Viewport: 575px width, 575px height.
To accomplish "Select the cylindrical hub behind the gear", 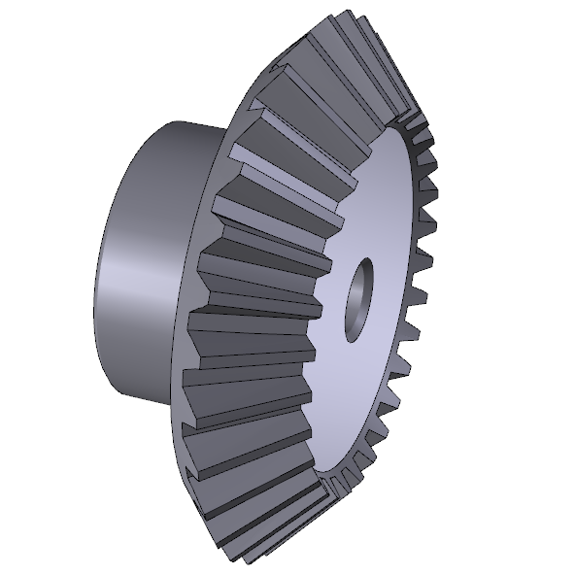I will [x=146, y=262].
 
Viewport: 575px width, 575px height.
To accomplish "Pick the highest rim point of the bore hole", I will [x=367, y=258].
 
